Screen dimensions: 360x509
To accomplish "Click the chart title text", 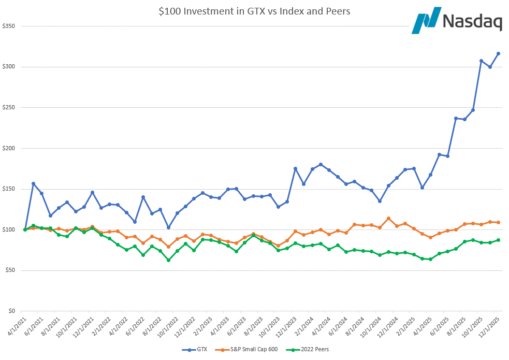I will pos(254,11).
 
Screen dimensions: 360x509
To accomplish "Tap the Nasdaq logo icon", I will pos(426,21).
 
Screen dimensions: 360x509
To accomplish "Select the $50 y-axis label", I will pos(11,270).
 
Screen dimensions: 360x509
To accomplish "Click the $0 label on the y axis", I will pos(13,311).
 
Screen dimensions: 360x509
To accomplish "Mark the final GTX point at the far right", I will pos(498,53).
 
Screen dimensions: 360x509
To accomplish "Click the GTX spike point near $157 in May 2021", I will pos(33,183).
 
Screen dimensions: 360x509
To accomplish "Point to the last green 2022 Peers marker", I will pos(498,240).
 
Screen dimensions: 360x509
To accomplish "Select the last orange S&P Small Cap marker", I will pos(498,222).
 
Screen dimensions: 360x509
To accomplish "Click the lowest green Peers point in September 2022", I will pos(168,260).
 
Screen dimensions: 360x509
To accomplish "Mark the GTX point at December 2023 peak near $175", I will pos(295,168).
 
